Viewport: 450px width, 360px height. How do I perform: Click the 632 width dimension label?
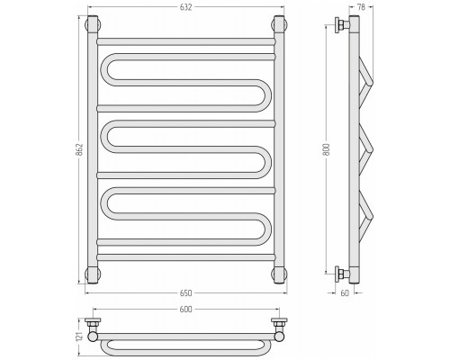tap(186, 7)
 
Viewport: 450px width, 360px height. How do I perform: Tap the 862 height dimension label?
tap(79, 149)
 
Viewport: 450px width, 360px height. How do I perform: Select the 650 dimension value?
tap(186, 293)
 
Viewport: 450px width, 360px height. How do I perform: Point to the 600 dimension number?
tap(186, 309)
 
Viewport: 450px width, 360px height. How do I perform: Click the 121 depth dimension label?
tap(79, 337)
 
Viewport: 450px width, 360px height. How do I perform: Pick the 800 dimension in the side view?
tap(327, 149)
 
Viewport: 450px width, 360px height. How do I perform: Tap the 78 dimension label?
tap(361, 7)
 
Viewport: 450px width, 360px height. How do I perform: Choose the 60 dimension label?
tap(345, 293)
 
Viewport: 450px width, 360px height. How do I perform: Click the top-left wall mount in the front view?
tap(93, 25)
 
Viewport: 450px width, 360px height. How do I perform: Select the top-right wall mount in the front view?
tap(280, 25)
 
